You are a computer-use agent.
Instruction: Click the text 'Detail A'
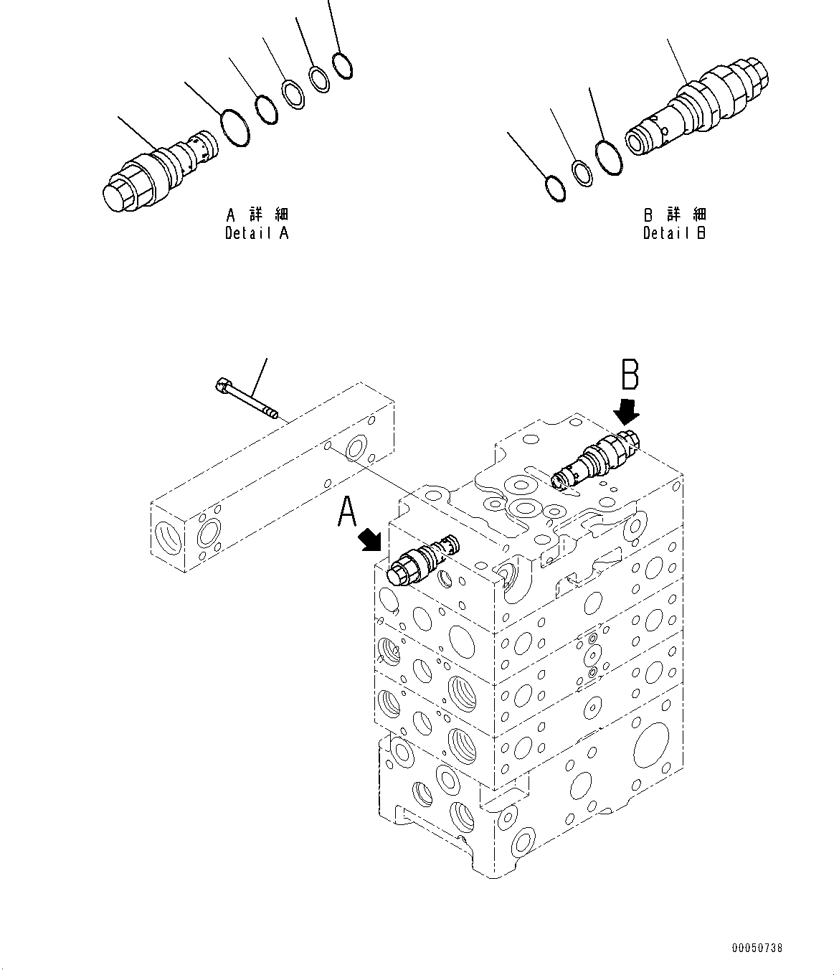coord(257,233)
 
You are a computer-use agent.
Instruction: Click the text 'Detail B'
coord(674,233)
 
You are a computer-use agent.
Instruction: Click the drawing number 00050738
coord(757,948)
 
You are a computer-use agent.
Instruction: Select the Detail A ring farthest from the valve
coord(343,65)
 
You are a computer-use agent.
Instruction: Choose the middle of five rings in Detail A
coord(292,94)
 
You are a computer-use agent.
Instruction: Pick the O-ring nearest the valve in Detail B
coord(608,158)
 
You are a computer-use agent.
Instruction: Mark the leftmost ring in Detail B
coord(555,189)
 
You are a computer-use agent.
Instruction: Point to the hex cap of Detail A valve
coord(118,194)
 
